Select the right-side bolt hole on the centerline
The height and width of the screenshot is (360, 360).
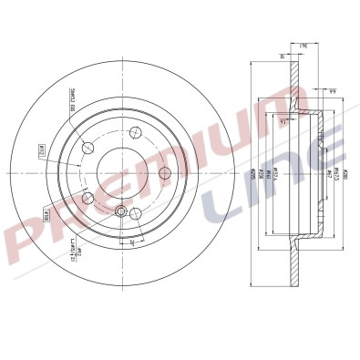point(165,173)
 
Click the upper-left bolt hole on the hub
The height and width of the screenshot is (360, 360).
point(88,149)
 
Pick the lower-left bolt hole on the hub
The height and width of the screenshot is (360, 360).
point(88,198)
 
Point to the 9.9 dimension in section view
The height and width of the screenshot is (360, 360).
point(333,90)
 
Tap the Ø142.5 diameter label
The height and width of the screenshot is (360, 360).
point(338,173)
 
